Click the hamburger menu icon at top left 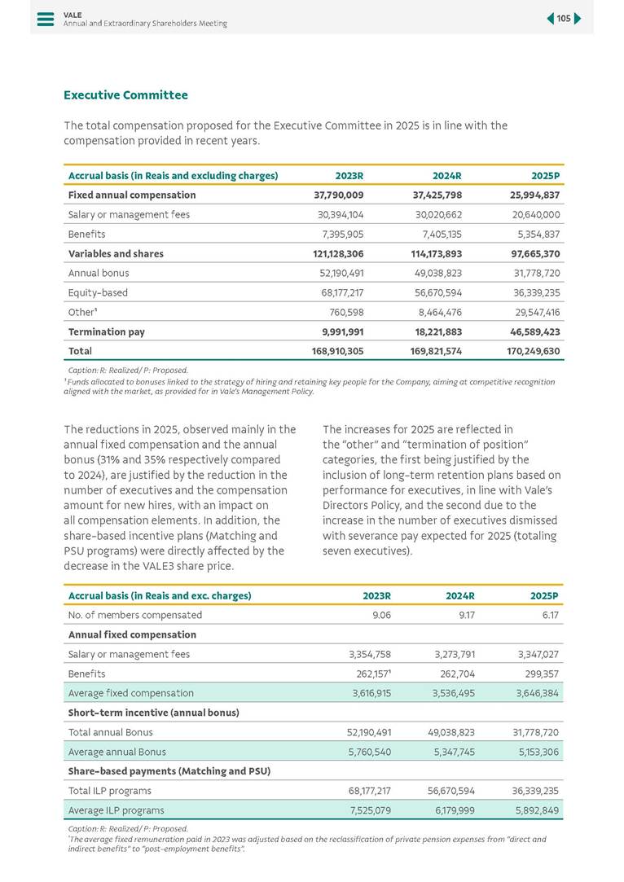click(46, 19)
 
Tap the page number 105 click(564, 19)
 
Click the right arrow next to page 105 click(578, 19)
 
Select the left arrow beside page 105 click(551, 19)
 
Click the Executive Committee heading click(125, 95)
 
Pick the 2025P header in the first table click(545, 176)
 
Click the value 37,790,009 click(338, 195)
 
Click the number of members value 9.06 click(380, 616)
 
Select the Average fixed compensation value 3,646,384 click(533, 694)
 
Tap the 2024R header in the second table click(459, 596)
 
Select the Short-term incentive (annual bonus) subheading click(153, 713)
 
